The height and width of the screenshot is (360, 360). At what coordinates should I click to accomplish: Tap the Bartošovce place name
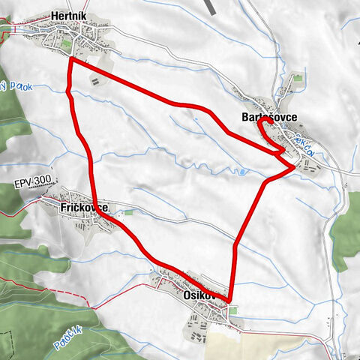268,118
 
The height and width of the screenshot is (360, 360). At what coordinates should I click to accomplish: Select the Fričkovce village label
84,207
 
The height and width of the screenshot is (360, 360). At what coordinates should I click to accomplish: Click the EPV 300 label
31,182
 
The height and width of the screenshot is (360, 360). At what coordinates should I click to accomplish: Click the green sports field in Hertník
69,47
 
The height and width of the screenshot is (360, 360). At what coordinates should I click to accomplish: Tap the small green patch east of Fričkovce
127,213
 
